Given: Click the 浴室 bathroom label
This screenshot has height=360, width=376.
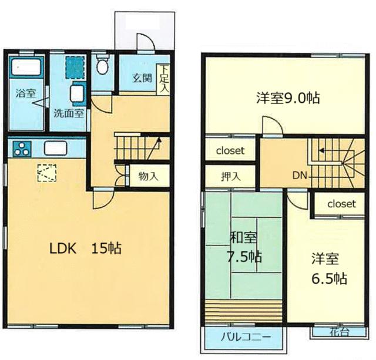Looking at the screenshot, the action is [x=26, y=93].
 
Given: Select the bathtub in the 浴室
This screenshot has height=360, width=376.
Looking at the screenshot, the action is [x=26, y=66].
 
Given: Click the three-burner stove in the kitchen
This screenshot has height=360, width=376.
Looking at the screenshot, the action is [x=22, y=149].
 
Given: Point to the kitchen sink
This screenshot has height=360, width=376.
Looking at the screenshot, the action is [x=55, y=148].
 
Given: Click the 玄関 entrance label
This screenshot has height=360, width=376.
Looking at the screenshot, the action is [x=142, y=78].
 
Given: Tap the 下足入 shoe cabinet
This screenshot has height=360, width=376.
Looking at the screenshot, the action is [x=164, y=79].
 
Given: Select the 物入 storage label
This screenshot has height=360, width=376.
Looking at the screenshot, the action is [x=149, y=176].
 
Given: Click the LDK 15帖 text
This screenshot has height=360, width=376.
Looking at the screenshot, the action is [x=85, y=248].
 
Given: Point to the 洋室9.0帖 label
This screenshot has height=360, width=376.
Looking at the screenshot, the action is [x=288, y=98].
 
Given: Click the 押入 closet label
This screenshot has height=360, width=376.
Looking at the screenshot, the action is [x=230, y=176].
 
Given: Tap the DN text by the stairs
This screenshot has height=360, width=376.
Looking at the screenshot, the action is [x=300, y=176].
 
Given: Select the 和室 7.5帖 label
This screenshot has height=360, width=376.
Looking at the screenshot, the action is [x=244, y=248].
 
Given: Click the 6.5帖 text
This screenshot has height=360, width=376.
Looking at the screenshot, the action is [x=329, y=278].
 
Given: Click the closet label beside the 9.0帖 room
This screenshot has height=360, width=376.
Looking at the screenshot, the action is [x=230, y=151].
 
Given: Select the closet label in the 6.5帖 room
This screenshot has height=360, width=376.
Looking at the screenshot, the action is [x=341, y=204].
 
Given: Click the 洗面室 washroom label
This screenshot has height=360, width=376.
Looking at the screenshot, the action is [x=69, y=113].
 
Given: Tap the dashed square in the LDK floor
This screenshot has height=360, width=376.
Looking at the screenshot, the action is [x=47, y=173].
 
